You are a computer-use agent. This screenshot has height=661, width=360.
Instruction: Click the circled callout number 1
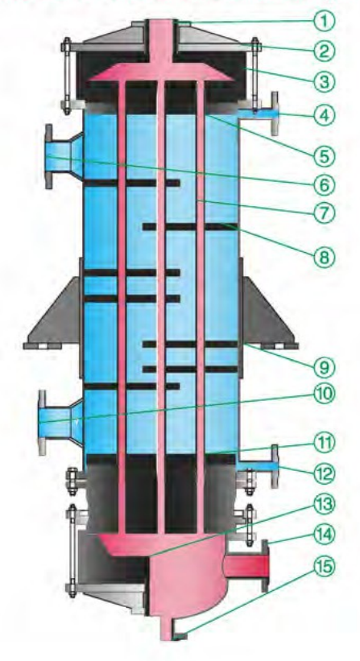(x=325, y=20)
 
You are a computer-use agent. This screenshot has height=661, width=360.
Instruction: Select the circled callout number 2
(x=325, y=51)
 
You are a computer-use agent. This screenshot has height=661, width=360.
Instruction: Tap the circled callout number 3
(x=325, y=81)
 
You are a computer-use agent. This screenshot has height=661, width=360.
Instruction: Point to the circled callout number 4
(x=325, y=114)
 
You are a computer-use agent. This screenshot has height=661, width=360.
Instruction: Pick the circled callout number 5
(x=325, y=156)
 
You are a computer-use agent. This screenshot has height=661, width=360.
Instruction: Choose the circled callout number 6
(x=325, y=184)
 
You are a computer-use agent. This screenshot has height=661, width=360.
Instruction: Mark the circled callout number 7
(x=325, y=213)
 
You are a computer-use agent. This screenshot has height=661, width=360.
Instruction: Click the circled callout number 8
(x=325, y=256)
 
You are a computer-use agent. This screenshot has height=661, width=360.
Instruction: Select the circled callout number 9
(x=325, y=367)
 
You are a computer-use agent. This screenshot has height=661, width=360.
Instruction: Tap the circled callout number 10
(x=325, y=394)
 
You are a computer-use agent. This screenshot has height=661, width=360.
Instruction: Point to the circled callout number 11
(x=325, y=443)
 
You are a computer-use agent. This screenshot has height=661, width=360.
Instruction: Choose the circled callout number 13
(x=325, y=504)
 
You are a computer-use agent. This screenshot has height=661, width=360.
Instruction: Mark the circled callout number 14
(x=325, y=535)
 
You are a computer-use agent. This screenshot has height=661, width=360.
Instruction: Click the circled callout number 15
(x=325, y=567)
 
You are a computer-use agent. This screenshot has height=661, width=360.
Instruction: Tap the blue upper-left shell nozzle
(x=64, y=156)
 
